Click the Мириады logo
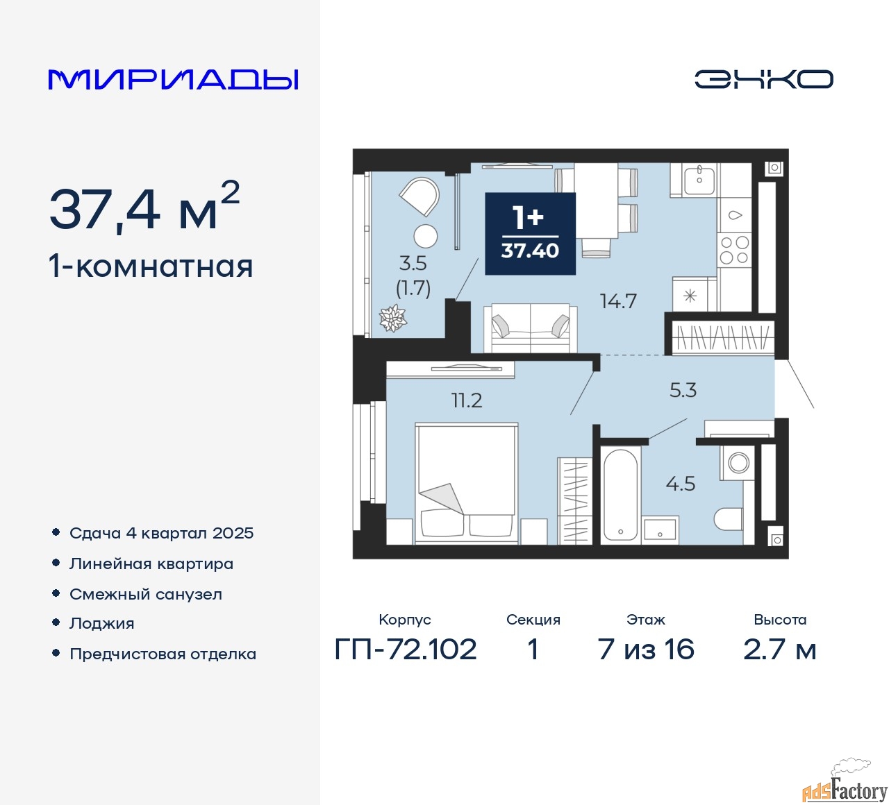coord(173,80)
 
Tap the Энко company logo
coord(763,79)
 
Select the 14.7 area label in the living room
coord(618,301)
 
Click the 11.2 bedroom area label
coord(467,400)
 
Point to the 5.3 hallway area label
coord(683,390)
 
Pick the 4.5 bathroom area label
coord(680,484)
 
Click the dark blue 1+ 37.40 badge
coord(530,233)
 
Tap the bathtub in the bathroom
coord(620,495)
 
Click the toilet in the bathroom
coord(729,519)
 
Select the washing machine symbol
coord(738,463)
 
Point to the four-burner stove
coord(734,251)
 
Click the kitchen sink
coord(699,180)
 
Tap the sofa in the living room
coord(530,328)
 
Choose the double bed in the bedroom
coord(467,482)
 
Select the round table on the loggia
coord(426,236)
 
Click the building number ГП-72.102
coord(406,650)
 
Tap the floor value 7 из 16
coord(646,650)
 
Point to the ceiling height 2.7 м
coord(779,650)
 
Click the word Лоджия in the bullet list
coord(102,624)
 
